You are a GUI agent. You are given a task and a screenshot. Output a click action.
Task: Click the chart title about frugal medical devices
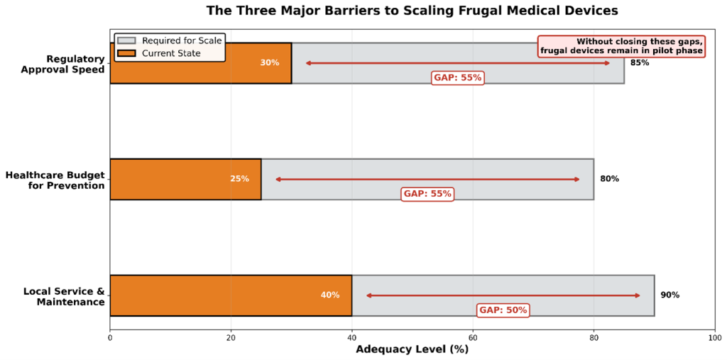412,11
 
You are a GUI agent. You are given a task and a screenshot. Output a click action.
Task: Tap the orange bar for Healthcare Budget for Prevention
170,179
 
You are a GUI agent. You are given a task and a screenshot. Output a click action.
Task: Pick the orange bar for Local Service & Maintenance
213,295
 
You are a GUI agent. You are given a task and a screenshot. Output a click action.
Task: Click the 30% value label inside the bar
270,62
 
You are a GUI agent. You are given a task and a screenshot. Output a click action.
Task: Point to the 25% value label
239,179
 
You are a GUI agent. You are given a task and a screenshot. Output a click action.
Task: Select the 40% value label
330,295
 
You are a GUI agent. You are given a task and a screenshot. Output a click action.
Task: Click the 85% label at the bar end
639,62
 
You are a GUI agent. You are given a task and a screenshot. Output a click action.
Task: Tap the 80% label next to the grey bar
609,179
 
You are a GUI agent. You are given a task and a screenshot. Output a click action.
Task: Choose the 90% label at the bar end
669,295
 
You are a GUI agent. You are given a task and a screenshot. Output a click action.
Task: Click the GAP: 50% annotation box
503,310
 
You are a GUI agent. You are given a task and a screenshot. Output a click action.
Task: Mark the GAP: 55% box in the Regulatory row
457,77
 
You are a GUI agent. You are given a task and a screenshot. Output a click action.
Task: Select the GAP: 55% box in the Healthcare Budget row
427,194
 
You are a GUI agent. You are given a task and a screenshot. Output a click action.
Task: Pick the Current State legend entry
170,53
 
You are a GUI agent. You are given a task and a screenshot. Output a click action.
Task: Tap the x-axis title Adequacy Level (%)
412,349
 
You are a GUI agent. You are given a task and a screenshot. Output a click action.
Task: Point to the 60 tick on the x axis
473,337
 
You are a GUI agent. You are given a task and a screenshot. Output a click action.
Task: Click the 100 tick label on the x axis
714,337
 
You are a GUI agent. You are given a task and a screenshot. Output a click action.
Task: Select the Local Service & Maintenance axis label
64,296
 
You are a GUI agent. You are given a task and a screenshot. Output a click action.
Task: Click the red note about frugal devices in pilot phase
621,46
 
